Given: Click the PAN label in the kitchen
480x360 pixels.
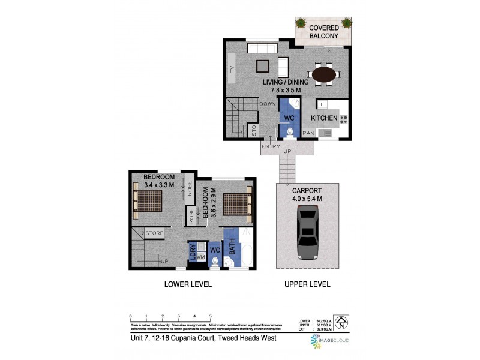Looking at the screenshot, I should (x=308, y=133).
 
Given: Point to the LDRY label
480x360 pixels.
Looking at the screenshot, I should (x=193, y=251).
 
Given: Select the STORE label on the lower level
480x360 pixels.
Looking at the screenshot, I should (x=155, y=233).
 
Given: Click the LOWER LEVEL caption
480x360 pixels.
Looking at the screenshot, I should (x=188, y=284).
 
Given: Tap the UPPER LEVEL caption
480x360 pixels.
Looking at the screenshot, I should (x=307, y=284).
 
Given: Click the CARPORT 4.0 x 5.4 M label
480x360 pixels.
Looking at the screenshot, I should (x=307, y=194).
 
